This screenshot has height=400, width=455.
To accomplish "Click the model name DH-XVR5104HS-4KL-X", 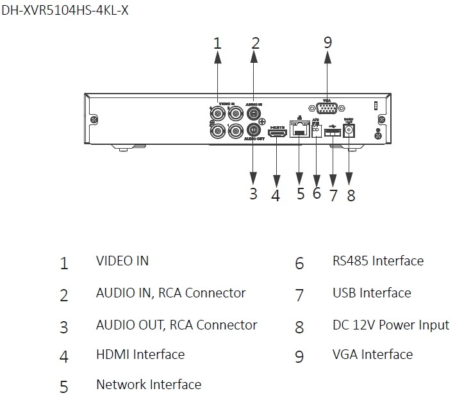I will [x=65, y=11].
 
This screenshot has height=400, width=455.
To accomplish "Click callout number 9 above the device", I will [x=327, y=43].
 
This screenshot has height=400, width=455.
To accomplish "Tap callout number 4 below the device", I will [x=276, y=196].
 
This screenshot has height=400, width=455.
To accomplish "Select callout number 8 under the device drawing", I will [x=351, y=196].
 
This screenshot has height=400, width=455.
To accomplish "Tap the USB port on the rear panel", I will [x=333, y=133].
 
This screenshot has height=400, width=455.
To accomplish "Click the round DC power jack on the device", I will [x=350, y=131].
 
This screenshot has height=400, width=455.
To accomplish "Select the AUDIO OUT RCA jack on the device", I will [x=254, y=128].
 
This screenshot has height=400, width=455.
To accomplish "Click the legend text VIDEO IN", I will [x=122, y=261].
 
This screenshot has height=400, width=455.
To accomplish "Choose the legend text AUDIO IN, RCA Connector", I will [x=170, y=293].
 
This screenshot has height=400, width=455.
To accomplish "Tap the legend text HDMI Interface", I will [x=140, y=354].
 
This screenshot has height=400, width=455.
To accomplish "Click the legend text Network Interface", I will [x=148, y=385].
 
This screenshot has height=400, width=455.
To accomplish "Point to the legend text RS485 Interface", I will [x=377, y=261].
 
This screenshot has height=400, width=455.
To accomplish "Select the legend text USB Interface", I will [x=371, y=293].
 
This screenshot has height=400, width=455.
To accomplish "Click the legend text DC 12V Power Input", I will [x=390, y=325].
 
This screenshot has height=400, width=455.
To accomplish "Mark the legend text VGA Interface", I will [x=372, y=354].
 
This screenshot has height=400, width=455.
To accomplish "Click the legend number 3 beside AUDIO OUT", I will [x=63, y=327].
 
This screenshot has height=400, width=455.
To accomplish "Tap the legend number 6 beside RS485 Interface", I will [x=299, y=263].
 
